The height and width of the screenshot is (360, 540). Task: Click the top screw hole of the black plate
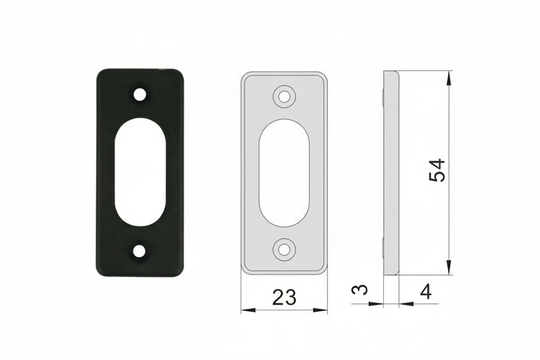(140, 94)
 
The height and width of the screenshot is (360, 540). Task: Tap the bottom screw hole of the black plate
(140, 251)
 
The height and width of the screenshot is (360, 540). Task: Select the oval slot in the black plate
(140, 172)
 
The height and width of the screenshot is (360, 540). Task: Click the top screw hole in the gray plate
(283, 97)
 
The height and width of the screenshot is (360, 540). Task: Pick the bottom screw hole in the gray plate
(283, 249)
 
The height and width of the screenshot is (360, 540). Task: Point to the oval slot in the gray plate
(283, 172)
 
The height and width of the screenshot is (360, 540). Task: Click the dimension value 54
(437, 170)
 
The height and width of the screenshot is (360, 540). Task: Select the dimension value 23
(283, 298)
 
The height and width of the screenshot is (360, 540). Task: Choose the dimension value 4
(426, 292)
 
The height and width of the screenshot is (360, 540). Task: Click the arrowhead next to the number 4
(405, 304)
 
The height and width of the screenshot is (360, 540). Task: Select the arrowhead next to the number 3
(378, 304)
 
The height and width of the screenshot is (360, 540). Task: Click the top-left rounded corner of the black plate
(102, 74)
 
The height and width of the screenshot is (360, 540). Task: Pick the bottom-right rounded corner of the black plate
(178, 271)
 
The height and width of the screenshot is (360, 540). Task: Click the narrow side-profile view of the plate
(390, 172)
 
